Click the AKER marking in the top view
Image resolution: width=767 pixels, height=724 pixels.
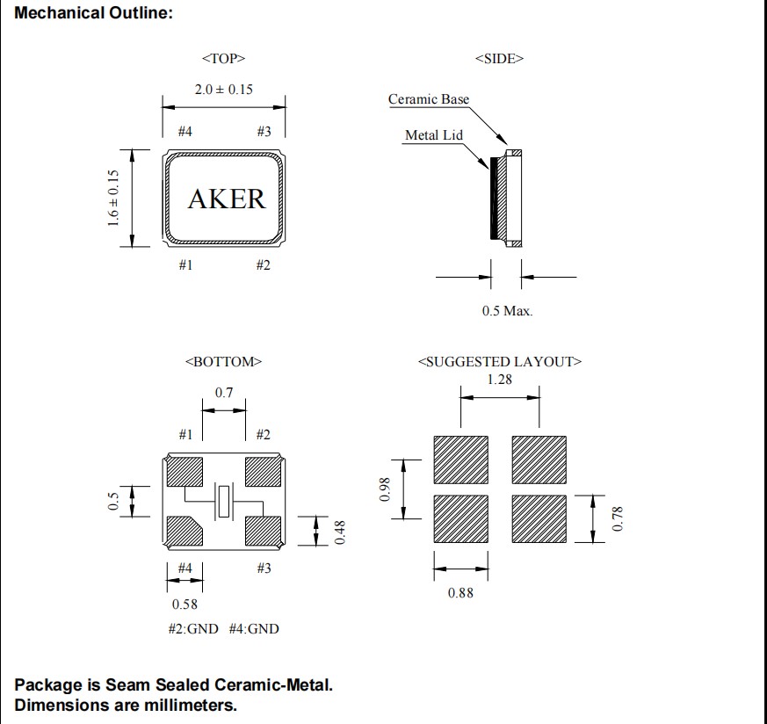click(x=226, y=199)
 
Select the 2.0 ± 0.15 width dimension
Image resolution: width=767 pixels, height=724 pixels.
click(x=224, y=90)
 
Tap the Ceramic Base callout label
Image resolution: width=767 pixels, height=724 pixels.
click(x=429, y=99)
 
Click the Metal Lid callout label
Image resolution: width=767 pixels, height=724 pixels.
click(x=433, y=135)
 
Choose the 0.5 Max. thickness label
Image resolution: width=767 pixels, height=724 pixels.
click(x=507, y=311)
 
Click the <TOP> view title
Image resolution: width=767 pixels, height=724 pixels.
click(x=223, y=59)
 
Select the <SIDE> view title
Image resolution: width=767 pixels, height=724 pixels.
click(x=499, y=59)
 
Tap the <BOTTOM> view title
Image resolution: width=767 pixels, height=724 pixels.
click(x=223, y=362)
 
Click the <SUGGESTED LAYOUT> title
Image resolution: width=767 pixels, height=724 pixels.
click(x=500, y=362)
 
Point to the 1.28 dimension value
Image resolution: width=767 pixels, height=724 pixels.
click(x=499, y=380)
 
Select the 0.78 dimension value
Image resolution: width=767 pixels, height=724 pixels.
click(x=617, y=519)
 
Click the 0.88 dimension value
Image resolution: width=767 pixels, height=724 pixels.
click(x=460, y=593)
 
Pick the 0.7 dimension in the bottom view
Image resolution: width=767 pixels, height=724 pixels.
click(x=224, y=393)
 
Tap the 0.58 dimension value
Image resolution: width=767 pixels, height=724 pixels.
click(x=184, y=605)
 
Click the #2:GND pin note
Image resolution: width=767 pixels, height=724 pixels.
click(x=193, y=629)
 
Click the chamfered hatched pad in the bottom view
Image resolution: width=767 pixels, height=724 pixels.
click(x=185, y=530)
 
